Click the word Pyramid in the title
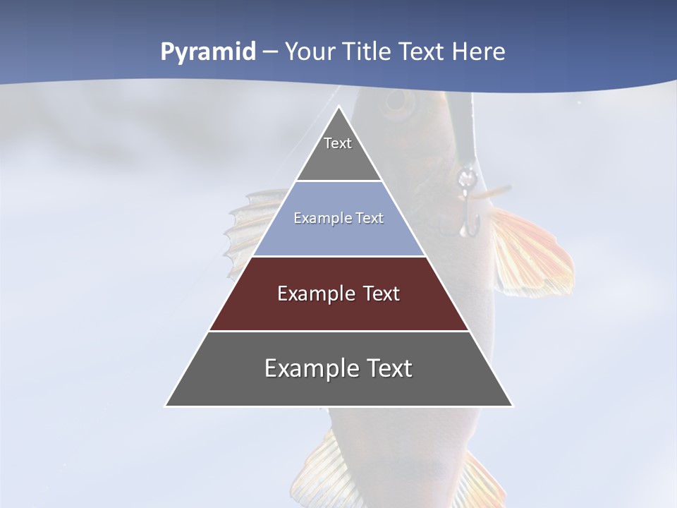207,52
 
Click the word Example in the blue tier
318,218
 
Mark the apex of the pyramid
338,107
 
